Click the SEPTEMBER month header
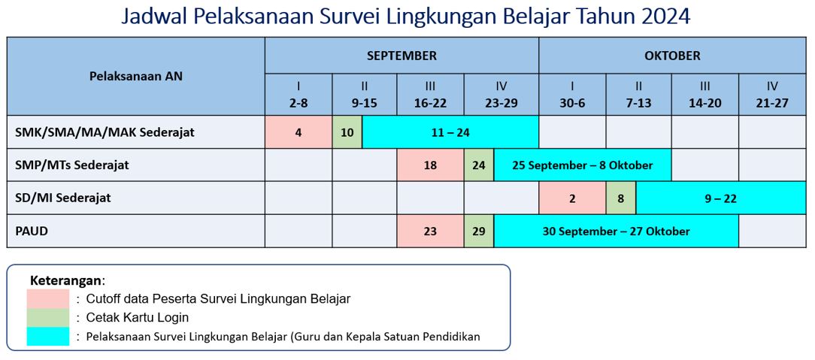click(x=401, y=56)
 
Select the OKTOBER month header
click(x=672, y=56)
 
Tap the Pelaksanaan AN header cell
click(x=135, y=77)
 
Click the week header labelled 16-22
click(x=430, y=95)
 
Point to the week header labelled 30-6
click(x=572, y=95)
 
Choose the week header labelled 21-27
click(x=772, y=95)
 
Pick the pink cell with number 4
click(x=299, y=132)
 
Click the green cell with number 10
click(x=347, y=132)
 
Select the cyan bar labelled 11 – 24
click(x=450, y=132)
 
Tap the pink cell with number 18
click(x=430, y=165)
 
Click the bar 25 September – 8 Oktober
click(x=583, y=165)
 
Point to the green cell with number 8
click(x=620, y=198)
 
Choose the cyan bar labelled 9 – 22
click(x=722, y=198)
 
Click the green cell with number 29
click(x=479, y=231)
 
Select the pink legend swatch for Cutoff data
click(x=48, y=298)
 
